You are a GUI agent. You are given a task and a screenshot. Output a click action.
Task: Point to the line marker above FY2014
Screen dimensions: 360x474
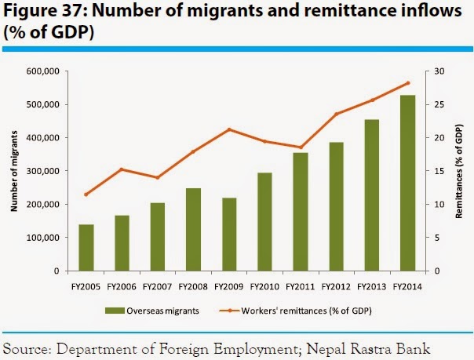click(408, 83)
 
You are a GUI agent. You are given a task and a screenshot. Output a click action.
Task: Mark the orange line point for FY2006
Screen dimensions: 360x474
click(122, 169)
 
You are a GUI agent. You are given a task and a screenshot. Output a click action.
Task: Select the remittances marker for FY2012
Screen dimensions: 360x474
click(336, 115)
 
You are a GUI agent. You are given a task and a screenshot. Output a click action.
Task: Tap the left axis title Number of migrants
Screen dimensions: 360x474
click(14, 171)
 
